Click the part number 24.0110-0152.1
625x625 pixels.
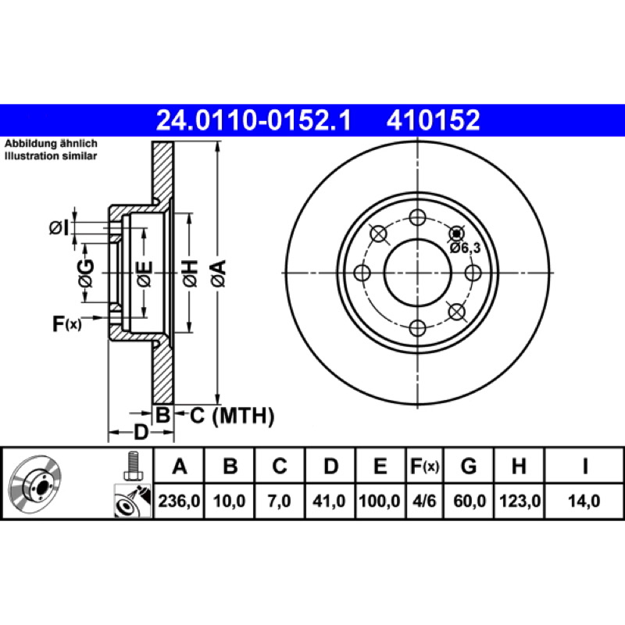click(253, 120)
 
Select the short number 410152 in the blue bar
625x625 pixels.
click(434, 120)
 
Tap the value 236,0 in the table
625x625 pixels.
click(179, 501)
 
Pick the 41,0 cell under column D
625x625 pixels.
click(329, 501)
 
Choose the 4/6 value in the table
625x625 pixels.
click(424, 501)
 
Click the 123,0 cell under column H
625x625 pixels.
click(520, 501)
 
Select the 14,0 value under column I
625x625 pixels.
click(584, 501)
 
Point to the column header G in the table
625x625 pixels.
click(469, 466)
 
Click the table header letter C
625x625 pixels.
click(280, 466)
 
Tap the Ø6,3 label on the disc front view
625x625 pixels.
click(465, 248)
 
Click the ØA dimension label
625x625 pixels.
click(219, 273)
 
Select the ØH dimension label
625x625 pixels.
click(190, 273)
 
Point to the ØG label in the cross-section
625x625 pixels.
click(86, 273)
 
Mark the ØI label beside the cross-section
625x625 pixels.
click(59, 228)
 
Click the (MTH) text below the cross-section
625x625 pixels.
click(243, 416)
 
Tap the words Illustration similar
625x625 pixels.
click(51, 155)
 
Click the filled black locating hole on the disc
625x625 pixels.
click(457, 234)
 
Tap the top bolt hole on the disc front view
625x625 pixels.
click(417, 217)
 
